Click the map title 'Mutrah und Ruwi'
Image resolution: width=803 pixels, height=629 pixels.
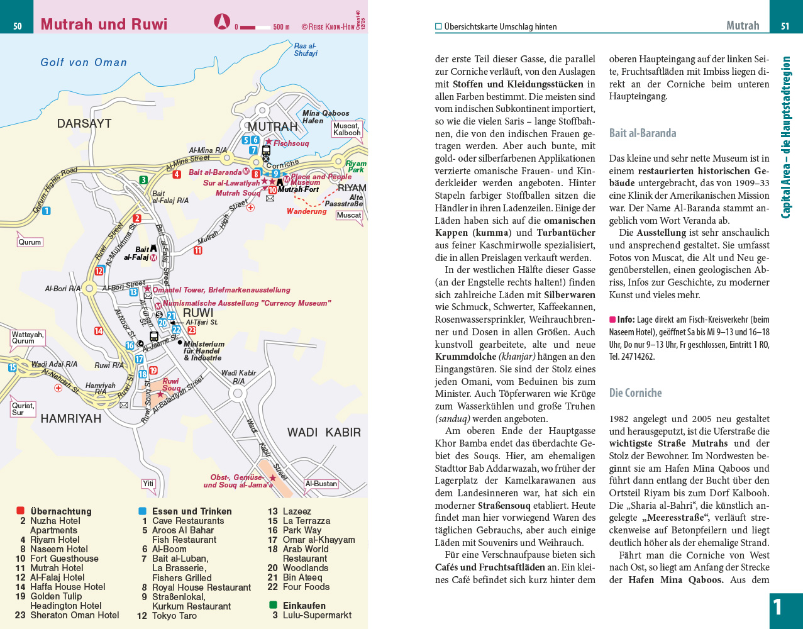pos(104,25)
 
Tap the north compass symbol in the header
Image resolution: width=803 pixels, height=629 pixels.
pos(221,22)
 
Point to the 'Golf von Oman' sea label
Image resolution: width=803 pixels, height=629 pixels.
pos(84,62)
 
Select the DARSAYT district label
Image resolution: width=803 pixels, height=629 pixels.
pos(84,124)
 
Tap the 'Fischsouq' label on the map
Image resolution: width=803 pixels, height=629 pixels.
pos(291,143)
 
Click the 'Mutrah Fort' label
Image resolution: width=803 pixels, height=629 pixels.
pos(299,189)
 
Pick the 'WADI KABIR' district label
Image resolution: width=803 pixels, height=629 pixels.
pos(324,432)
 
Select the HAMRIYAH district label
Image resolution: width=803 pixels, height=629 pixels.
pos(70,418)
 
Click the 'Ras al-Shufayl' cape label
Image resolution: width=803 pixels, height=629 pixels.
pos(306,50)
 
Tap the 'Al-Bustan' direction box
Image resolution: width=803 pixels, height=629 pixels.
pos(321,484)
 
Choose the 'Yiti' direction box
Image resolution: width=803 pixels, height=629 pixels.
pos(148,484)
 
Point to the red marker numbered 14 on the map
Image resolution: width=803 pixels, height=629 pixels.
pos(99,331)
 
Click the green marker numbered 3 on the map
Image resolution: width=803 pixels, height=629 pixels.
pos(143,180)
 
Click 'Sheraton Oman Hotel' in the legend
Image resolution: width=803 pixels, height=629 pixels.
pos(75,615)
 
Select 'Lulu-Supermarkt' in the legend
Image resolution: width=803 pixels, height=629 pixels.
pos(317,615)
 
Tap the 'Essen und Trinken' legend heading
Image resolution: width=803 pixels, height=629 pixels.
pos(192,511)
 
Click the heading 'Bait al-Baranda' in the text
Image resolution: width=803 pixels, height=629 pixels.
pos(643,133)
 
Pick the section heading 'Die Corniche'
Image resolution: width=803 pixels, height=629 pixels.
pos(635,393)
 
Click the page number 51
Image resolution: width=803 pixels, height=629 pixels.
pos(785,26)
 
